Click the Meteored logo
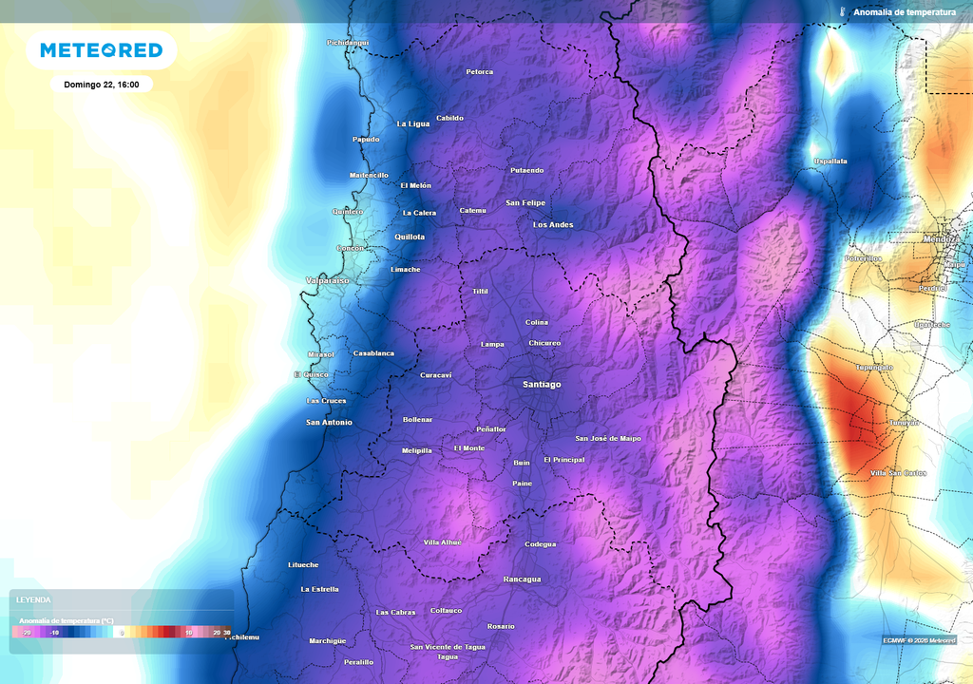(101, 50)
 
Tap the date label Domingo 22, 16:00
(102, 85)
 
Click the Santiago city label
(542, 385)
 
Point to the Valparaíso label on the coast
(328, 281)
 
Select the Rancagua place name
(522, 579)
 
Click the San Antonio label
(329, 422)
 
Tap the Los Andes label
(553, 225)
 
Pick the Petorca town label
(480, 72)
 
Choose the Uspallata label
(830, 161)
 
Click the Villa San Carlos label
(898, 473)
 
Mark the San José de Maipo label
(608, 439)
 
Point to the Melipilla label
(417, 450)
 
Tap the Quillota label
(410, 237)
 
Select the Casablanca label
(373, 353)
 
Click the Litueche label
(303, 565)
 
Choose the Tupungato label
(874, 367)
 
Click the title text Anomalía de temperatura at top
(904, 12)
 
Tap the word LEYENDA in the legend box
(33, 600)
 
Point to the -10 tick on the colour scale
(54, 632)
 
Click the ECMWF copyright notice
(919, 640)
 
